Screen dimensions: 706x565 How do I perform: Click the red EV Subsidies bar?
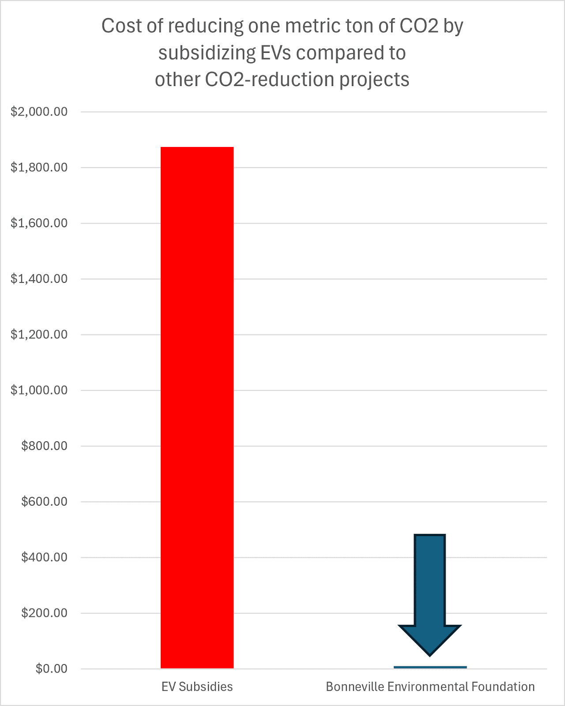click(197, 407)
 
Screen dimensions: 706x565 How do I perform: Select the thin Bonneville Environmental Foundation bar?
click(430, 667)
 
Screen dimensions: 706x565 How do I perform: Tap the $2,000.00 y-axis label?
click(39, 112)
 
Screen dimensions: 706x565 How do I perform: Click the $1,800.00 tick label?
click(39, 167)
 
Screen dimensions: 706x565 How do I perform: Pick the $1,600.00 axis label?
click(39, 223)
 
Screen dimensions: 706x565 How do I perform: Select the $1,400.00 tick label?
click(39, 279)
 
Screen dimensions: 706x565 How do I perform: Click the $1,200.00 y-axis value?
click(39, 334)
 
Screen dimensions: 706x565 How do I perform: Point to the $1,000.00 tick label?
click(39, 390)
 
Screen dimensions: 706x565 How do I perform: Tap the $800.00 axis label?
click(44, 446)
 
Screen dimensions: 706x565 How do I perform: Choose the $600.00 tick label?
click(44, 502)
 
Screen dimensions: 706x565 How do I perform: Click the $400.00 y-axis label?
click(44, 557)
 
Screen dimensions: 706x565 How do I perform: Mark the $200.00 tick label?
click(44, 613)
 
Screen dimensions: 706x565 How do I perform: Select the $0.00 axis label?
click(51, 669)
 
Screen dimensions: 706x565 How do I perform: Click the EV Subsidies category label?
click(197, 687)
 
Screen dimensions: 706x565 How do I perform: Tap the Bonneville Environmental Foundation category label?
click(430, 687)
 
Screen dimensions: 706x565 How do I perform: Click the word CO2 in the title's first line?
click(419, 26)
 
